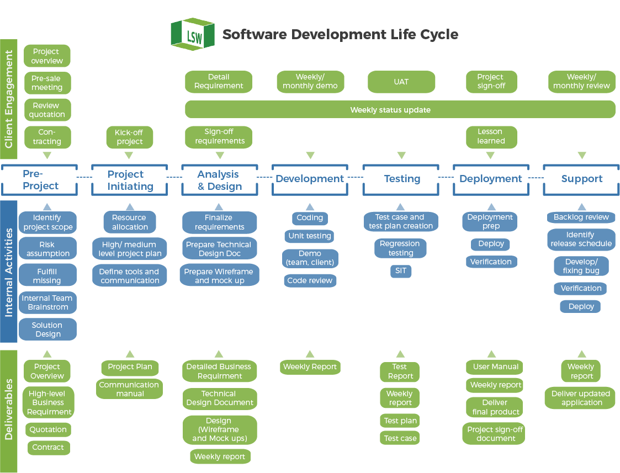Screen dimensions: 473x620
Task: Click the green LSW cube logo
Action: pos(192,34)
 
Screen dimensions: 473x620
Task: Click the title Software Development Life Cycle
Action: pos(340,34)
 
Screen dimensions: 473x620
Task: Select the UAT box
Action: pos(401,82)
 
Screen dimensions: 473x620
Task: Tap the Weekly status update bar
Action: pos(400,109)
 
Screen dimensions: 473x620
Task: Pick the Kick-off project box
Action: pos(129,137)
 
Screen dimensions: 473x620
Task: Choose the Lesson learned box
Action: pos(490,136)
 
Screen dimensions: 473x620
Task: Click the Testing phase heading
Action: pos(402,179)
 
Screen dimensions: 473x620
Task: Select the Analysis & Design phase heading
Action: pos(219,180)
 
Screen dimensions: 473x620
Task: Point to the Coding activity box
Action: pos(310,217)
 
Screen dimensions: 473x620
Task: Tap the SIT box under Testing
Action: pos(401,270)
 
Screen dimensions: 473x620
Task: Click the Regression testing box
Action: pos(400,248)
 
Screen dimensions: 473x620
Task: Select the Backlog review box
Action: pos(581,217)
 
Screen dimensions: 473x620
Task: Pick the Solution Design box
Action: pos(47,329)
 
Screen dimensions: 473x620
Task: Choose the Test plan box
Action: pos(400,421)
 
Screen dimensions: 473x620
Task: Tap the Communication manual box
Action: pos(130,389)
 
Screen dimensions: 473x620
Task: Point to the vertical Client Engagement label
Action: pos(9,99)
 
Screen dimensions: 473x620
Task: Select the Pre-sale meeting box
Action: pos(47,83)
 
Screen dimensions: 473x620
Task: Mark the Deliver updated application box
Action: pos(580,398)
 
